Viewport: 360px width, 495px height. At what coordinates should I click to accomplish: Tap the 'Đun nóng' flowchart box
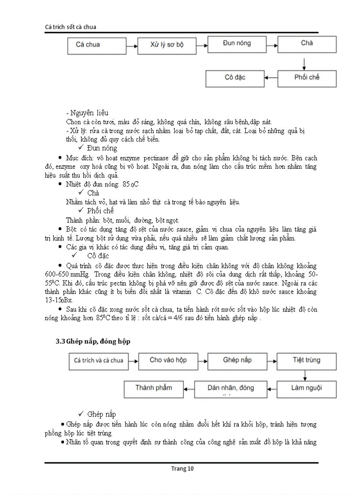[x=237, y=44]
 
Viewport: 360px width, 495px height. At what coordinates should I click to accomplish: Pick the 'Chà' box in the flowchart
[x=307, y=44]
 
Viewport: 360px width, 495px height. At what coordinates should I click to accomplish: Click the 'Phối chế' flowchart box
[x=307, y=78]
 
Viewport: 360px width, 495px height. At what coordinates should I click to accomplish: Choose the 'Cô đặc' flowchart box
[x=235, y=78]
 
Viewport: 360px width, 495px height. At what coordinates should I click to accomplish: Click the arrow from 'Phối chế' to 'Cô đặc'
[x=270, y=78]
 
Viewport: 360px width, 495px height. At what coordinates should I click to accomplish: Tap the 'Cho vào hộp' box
[x=168, y=361]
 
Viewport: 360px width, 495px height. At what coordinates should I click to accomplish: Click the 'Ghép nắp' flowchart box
[x=237, y=361]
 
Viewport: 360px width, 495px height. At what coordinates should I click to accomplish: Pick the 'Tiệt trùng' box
[x=307, y=361]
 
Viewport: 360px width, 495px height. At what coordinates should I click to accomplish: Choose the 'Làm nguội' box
[x=307, y=389]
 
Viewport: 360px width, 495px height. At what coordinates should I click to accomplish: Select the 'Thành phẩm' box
[x=153, y=389]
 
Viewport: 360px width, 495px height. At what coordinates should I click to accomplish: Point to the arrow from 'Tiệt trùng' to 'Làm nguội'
[x=304, y=375]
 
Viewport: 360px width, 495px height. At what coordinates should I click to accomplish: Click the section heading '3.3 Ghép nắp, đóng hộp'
[x=93, y=342]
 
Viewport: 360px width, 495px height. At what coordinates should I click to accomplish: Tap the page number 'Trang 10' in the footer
[x=182, y=469]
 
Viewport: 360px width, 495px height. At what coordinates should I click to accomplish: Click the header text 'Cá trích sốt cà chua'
[x=71, y=27]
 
